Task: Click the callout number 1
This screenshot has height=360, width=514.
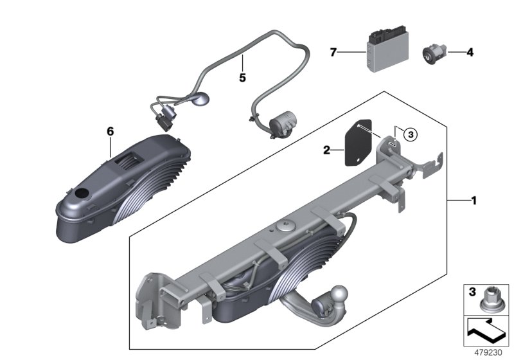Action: (x=474, y=201)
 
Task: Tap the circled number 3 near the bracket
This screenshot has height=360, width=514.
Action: (x=411, y=134)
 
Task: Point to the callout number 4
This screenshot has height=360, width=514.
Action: (x=470, y=53)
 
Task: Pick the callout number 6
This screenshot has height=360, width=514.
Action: (x=110, y=131)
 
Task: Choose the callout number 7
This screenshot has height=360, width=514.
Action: (x=333, y=53)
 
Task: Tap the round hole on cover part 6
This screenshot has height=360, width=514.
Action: (x=82, y=194)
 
